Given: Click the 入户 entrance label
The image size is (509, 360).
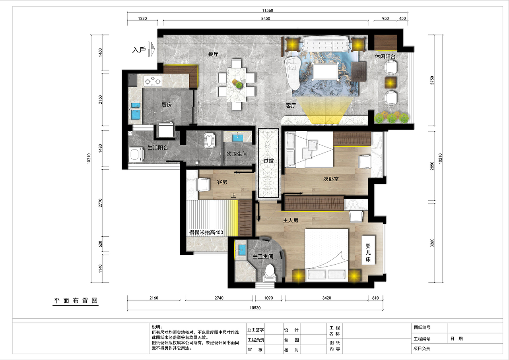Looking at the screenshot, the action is (139, 50).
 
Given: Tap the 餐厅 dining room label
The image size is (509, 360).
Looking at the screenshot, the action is (213, 54).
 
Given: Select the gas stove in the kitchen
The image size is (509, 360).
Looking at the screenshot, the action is (153, 81).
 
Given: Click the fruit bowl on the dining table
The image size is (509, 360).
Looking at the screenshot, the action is (237, 83).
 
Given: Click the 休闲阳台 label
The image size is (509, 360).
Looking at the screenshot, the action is (385, 56).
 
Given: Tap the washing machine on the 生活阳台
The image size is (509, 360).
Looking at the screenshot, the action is (136, 154).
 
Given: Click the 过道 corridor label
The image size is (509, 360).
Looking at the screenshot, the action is (268, 161).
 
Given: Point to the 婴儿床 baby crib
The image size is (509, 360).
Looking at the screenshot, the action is (368, 252).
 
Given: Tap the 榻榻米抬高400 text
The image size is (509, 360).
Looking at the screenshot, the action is (206, 232).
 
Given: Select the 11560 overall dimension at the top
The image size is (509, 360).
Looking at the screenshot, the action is (268, 10).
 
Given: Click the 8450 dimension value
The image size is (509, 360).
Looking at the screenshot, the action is (265, 18).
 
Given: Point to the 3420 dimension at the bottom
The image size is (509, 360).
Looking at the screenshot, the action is (326, 298).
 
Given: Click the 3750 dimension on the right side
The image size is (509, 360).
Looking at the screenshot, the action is (432, 80).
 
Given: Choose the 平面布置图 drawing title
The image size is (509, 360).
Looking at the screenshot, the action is (76, 301).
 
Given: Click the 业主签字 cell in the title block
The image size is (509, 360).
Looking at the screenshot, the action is (256, 330).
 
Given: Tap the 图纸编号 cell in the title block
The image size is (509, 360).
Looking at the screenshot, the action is (422, 327).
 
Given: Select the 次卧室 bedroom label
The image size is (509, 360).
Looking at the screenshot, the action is (331, 179).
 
